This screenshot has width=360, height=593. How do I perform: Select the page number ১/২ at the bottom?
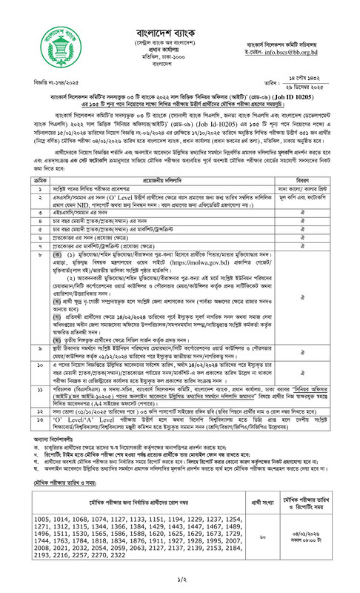coord(180,583)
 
